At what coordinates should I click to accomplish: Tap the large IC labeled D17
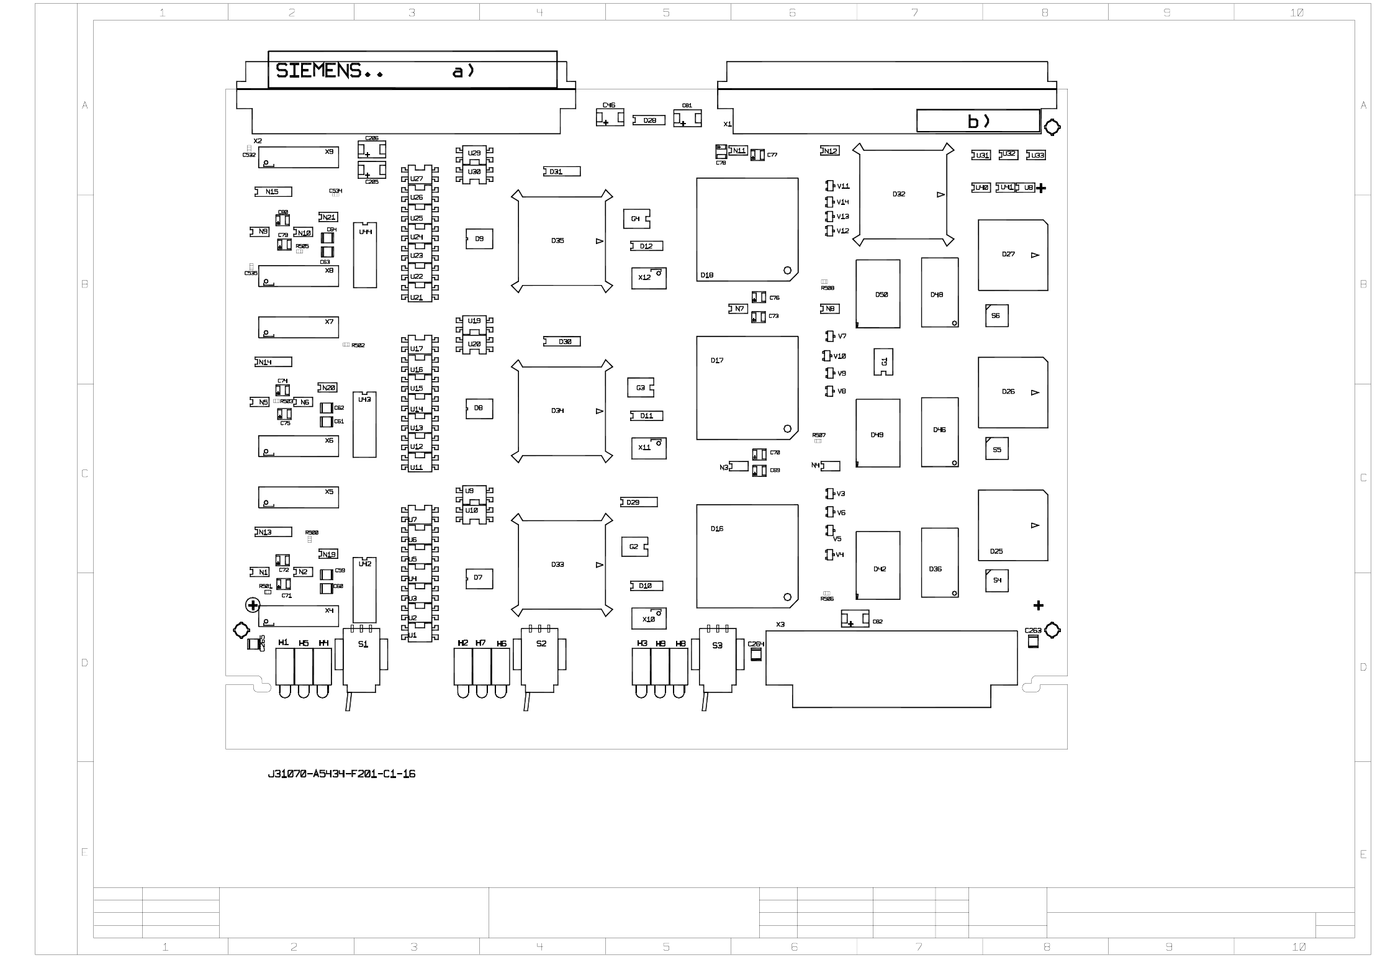(x=747, y=388)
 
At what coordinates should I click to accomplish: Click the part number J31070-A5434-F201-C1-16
(x=341, y=774)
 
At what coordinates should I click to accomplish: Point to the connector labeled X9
(x=298, y=157)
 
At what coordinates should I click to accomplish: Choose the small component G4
(x=636, y=219)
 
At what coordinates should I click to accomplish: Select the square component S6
(x=996, y=315)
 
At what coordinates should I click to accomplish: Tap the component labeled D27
(x=1012, y=255)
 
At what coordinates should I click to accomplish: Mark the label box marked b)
(x=978, y=121)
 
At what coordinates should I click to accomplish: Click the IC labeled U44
(x=365, y=255)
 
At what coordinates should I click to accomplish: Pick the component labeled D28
(x=649, y=120)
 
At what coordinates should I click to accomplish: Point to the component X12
(x=649, y=278)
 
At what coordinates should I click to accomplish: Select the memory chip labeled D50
(x=877, y=294)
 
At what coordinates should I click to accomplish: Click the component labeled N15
(x=273, y=192)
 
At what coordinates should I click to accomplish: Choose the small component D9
(x=479, y=239)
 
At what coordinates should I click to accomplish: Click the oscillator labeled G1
(x=883, y=361)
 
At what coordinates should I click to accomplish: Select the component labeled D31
(x=562, y=171)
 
